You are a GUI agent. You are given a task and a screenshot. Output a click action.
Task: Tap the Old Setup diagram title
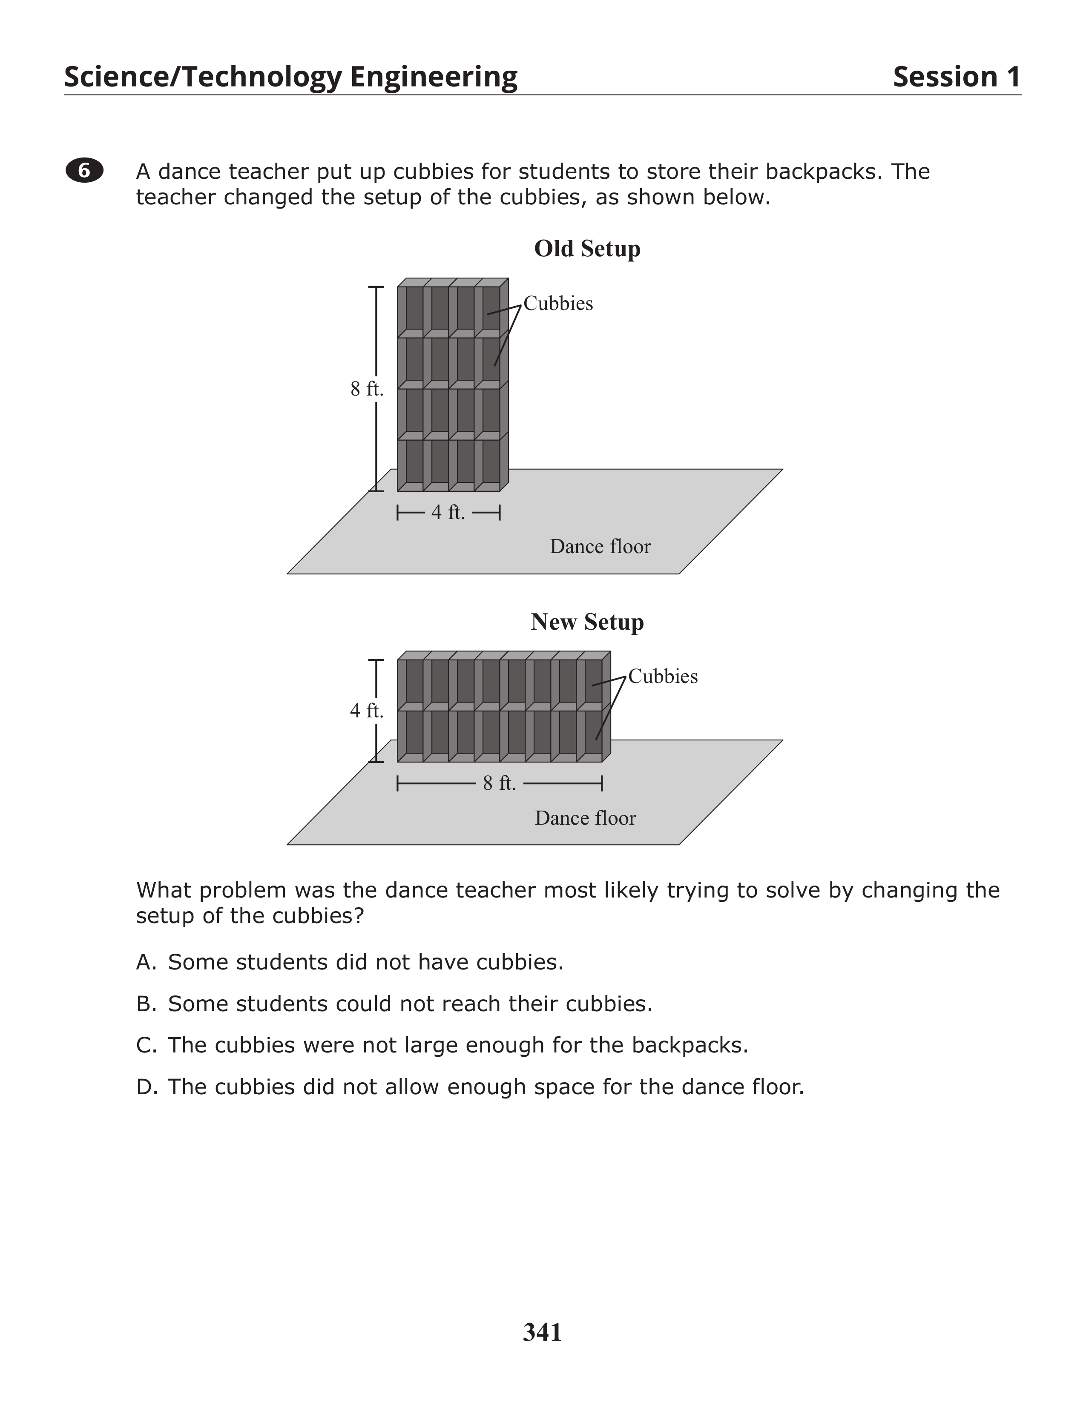[587, 249]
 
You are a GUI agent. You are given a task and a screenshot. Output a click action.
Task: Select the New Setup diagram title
[587, 622]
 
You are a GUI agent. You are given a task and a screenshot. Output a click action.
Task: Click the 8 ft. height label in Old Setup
[367, 389]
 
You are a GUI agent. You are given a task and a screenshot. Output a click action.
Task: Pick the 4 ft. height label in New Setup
[367, 711]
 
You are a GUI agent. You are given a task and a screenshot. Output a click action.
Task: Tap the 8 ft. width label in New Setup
[500, 783]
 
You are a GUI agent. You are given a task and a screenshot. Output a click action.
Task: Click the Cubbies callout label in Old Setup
[558, 304]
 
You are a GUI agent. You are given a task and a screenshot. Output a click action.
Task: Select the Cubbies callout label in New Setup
[663, 677]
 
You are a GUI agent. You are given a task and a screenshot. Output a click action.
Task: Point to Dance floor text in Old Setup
[600, 547]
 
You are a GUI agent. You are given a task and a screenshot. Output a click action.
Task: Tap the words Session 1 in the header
[956, 77]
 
